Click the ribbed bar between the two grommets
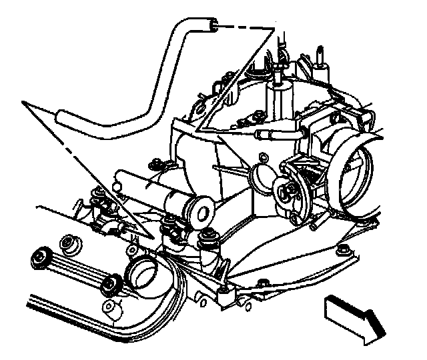click(75, 269)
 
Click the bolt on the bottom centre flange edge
click(262, 283)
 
